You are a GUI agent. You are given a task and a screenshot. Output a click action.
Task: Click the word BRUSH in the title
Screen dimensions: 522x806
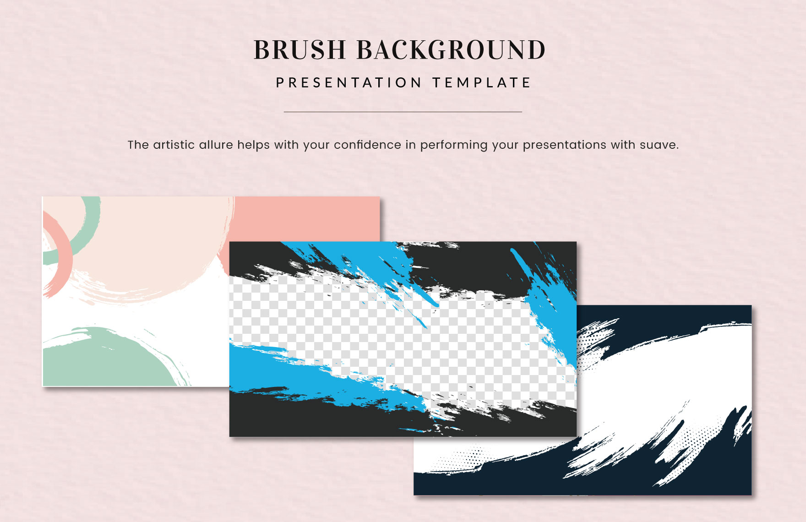coord(300,50)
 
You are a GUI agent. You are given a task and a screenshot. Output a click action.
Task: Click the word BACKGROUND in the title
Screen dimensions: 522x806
coord(451,50)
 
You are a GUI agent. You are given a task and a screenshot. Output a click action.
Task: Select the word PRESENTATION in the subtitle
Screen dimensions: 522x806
coord(349,83)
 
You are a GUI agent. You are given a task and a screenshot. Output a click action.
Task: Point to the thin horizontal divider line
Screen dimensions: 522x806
coord(403,112)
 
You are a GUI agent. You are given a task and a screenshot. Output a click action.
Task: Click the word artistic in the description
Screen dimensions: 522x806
coord(174,145)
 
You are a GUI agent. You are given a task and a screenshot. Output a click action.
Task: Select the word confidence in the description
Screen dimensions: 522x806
coord(367,145)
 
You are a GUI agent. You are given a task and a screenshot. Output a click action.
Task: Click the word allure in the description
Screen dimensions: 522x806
coord(216,145)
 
